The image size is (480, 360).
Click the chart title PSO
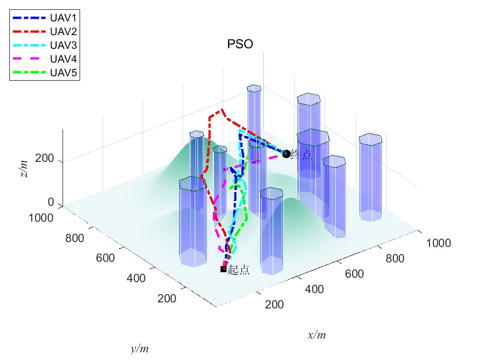click(x=240, y=45)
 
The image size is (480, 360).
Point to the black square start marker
click(x=223, y=269)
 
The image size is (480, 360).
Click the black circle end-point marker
click(x=286, y=154)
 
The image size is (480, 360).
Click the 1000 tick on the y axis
click(x=42, y=218)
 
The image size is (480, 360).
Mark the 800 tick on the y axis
click(x=74, y=239)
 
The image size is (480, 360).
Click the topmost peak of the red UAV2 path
click(x=222, y=109)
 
